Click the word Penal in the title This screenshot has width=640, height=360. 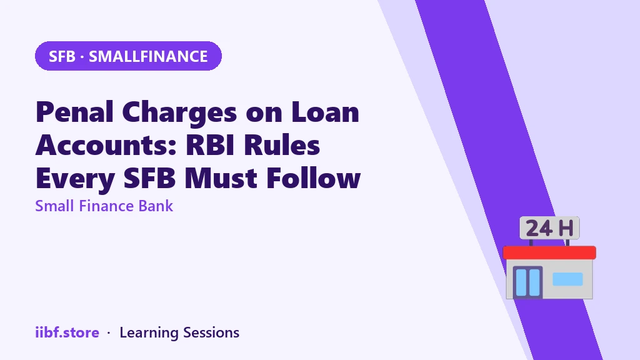[75, 112]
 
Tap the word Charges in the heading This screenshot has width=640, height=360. [179, 113]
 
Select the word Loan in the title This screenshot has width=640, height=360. [325, 112]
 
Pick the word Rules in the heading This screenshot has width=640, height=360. [282, 145]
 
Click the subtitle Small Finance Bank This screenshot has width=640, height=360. [104, 206]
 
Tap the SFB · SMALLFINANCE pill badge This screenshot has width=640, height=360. [128, 56]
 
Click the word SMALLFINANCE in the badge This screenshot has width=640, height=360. [148, 56]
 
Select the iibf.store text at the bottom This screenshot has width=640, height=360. [67, 332]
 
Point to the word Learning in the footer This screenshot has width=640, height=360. [149, 333]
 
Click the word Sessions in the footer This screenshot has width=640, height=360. [211, 332]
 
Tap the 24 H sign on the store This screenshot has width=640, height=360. [549, 227]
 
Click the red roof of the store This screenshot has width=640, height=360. [549, 252]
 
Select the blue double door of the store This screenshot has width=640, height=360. [527, 282]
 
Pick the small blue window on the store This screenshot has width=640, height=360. [567, 279]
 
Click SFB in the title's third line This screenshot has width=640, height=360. [149, 178]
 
